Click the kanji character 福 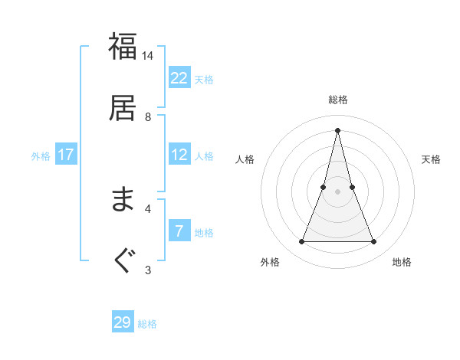[x=123, y=47]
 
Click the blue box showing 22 [x=179, y=78]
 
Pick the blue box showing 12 [x=179, y=155]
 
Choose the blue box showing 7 [x=179, y=231]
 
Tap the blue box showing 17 [x=66, y=155]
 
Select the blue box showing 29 [x=123, y=322]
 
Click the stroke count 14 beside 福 [x=148, y=56]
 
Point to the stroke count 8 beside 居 [x=148, y=116]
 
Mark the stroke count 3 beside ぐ [x=148, y=269]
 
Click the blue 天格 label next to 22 [x=204, y=79]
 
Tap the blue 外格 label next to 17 [x=41, y=155]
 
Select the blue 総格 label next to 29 [x=147, y=323]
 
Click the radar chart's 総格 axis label [x=338, y=100]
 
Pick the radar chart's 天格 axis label [x=431, y=159]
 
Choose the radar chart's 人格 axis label [x=245, y=159]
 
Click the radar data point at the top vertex [x=338, y=129]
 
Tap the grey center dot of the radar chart [x=338, y=191]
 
